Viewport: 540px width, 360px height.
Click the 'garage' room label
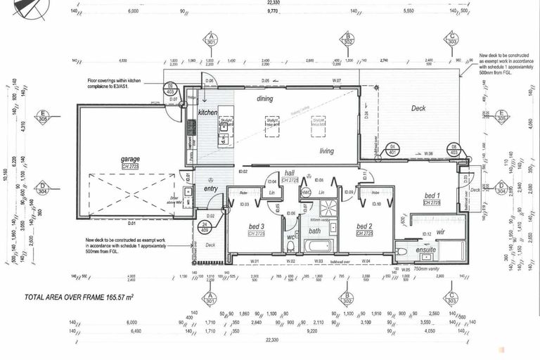pos(130,159)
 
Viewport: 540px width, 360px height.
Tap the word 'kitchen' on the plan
pos(207,112)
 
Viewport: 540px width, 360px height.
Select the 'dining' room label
pos(264,99)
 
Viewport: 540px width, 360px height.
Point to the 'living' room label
pos(326,151)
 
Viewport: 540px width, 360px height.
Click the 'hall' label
pos(289,173)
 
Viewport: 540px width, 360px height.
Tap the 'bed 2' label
pos(364,226)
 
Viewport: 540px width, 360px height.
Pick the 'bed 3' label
pos(255,226)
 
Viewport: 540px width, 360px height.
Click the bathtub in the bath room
pos(318,247)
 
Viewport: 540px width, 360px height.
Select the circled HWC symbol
pos(306,192)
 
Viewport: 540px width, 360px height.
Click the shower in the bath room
pos(328,207)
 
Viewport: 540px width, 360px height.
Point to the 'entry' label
pos(210,188)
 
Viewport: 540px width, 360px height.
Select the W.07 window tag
pos(337,82)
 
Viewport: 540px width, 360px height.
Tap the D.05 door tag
pos(265,82)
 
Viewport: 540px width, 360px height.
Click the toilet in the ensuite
pos(401,250)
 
